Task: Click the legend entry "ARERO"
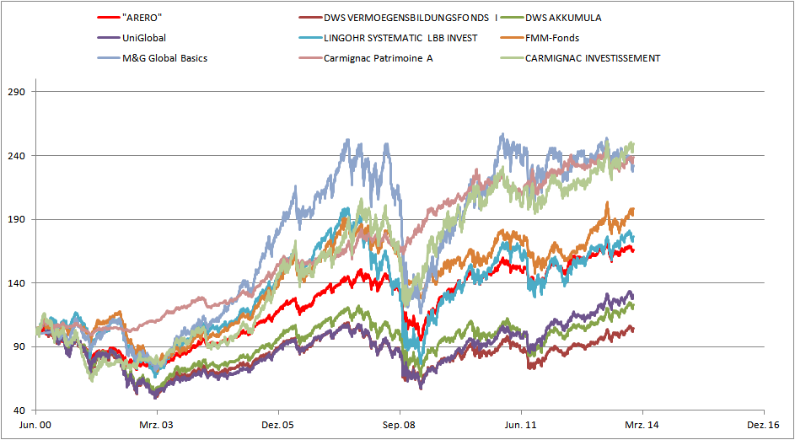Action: tap(142, 17)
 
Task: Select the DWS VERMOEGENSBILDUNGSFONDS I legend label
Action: tap(411, 17)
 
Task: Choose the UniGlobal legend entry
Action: tap(144, 38)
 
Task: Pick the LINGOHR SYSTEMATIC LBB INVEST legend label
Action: tap(400, 38)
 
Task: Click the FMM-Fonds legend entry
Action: tap(551, 38)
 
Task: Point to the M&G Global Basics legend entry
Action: tap(164, 58)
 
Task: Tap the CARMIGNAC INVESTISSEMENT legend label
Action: tap(592, 58)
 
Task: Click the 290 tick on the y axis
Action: tap(17, 92)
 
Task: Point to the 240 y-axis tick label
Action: tap(17, 156)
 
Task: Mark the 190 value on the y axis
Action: tap(17, 219)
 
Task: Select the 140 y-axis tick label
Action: tap(17, 283)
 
